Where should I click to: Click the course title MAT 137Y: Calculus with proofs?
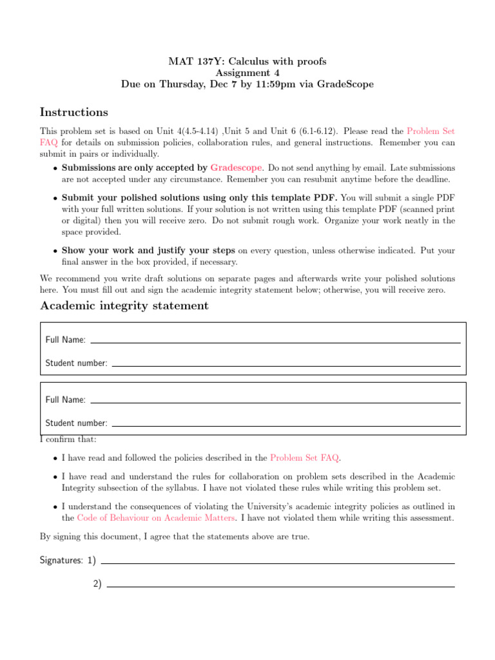coord(247,61)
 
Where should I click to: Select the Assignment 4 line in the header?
coord(247,73)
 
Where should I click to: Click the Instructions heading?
coord(74,113)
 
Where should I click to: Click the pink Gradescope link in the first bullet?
coord(236,168)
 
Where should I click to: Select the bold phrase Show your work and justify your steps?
coord(149,251)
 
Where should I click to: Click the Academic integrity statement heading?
coord(124,306)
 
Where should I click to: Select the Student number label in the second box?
coord(76,423)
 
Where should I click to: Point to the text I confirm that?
coord(68,440)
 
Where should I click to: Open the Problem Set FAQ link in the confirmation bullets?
coord(304,458)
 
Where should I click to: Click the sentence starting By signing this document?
coord(175,536)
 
